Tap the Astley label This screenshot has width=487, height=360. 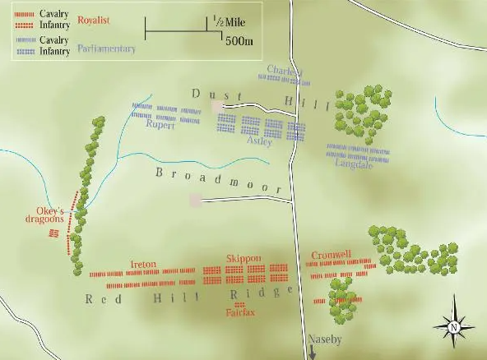[259, 141]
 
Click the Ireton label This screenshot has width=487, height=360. [143, 264]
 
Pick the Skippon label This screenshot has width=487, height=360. [243, 258]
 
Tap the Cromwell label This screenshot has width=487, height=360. [332, 256]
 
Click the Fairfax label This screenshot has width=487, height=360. [240, 313]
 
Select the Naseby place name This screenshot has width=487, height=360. [324, 339]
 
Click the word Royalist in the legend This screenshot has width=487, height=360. [95, 18]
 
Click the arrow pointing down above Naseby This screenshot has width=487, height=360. [313, 352]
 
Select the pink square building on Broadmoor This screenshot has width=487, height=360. [196, 200]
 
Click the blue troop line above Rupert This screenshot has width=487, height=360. [165, 108]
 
